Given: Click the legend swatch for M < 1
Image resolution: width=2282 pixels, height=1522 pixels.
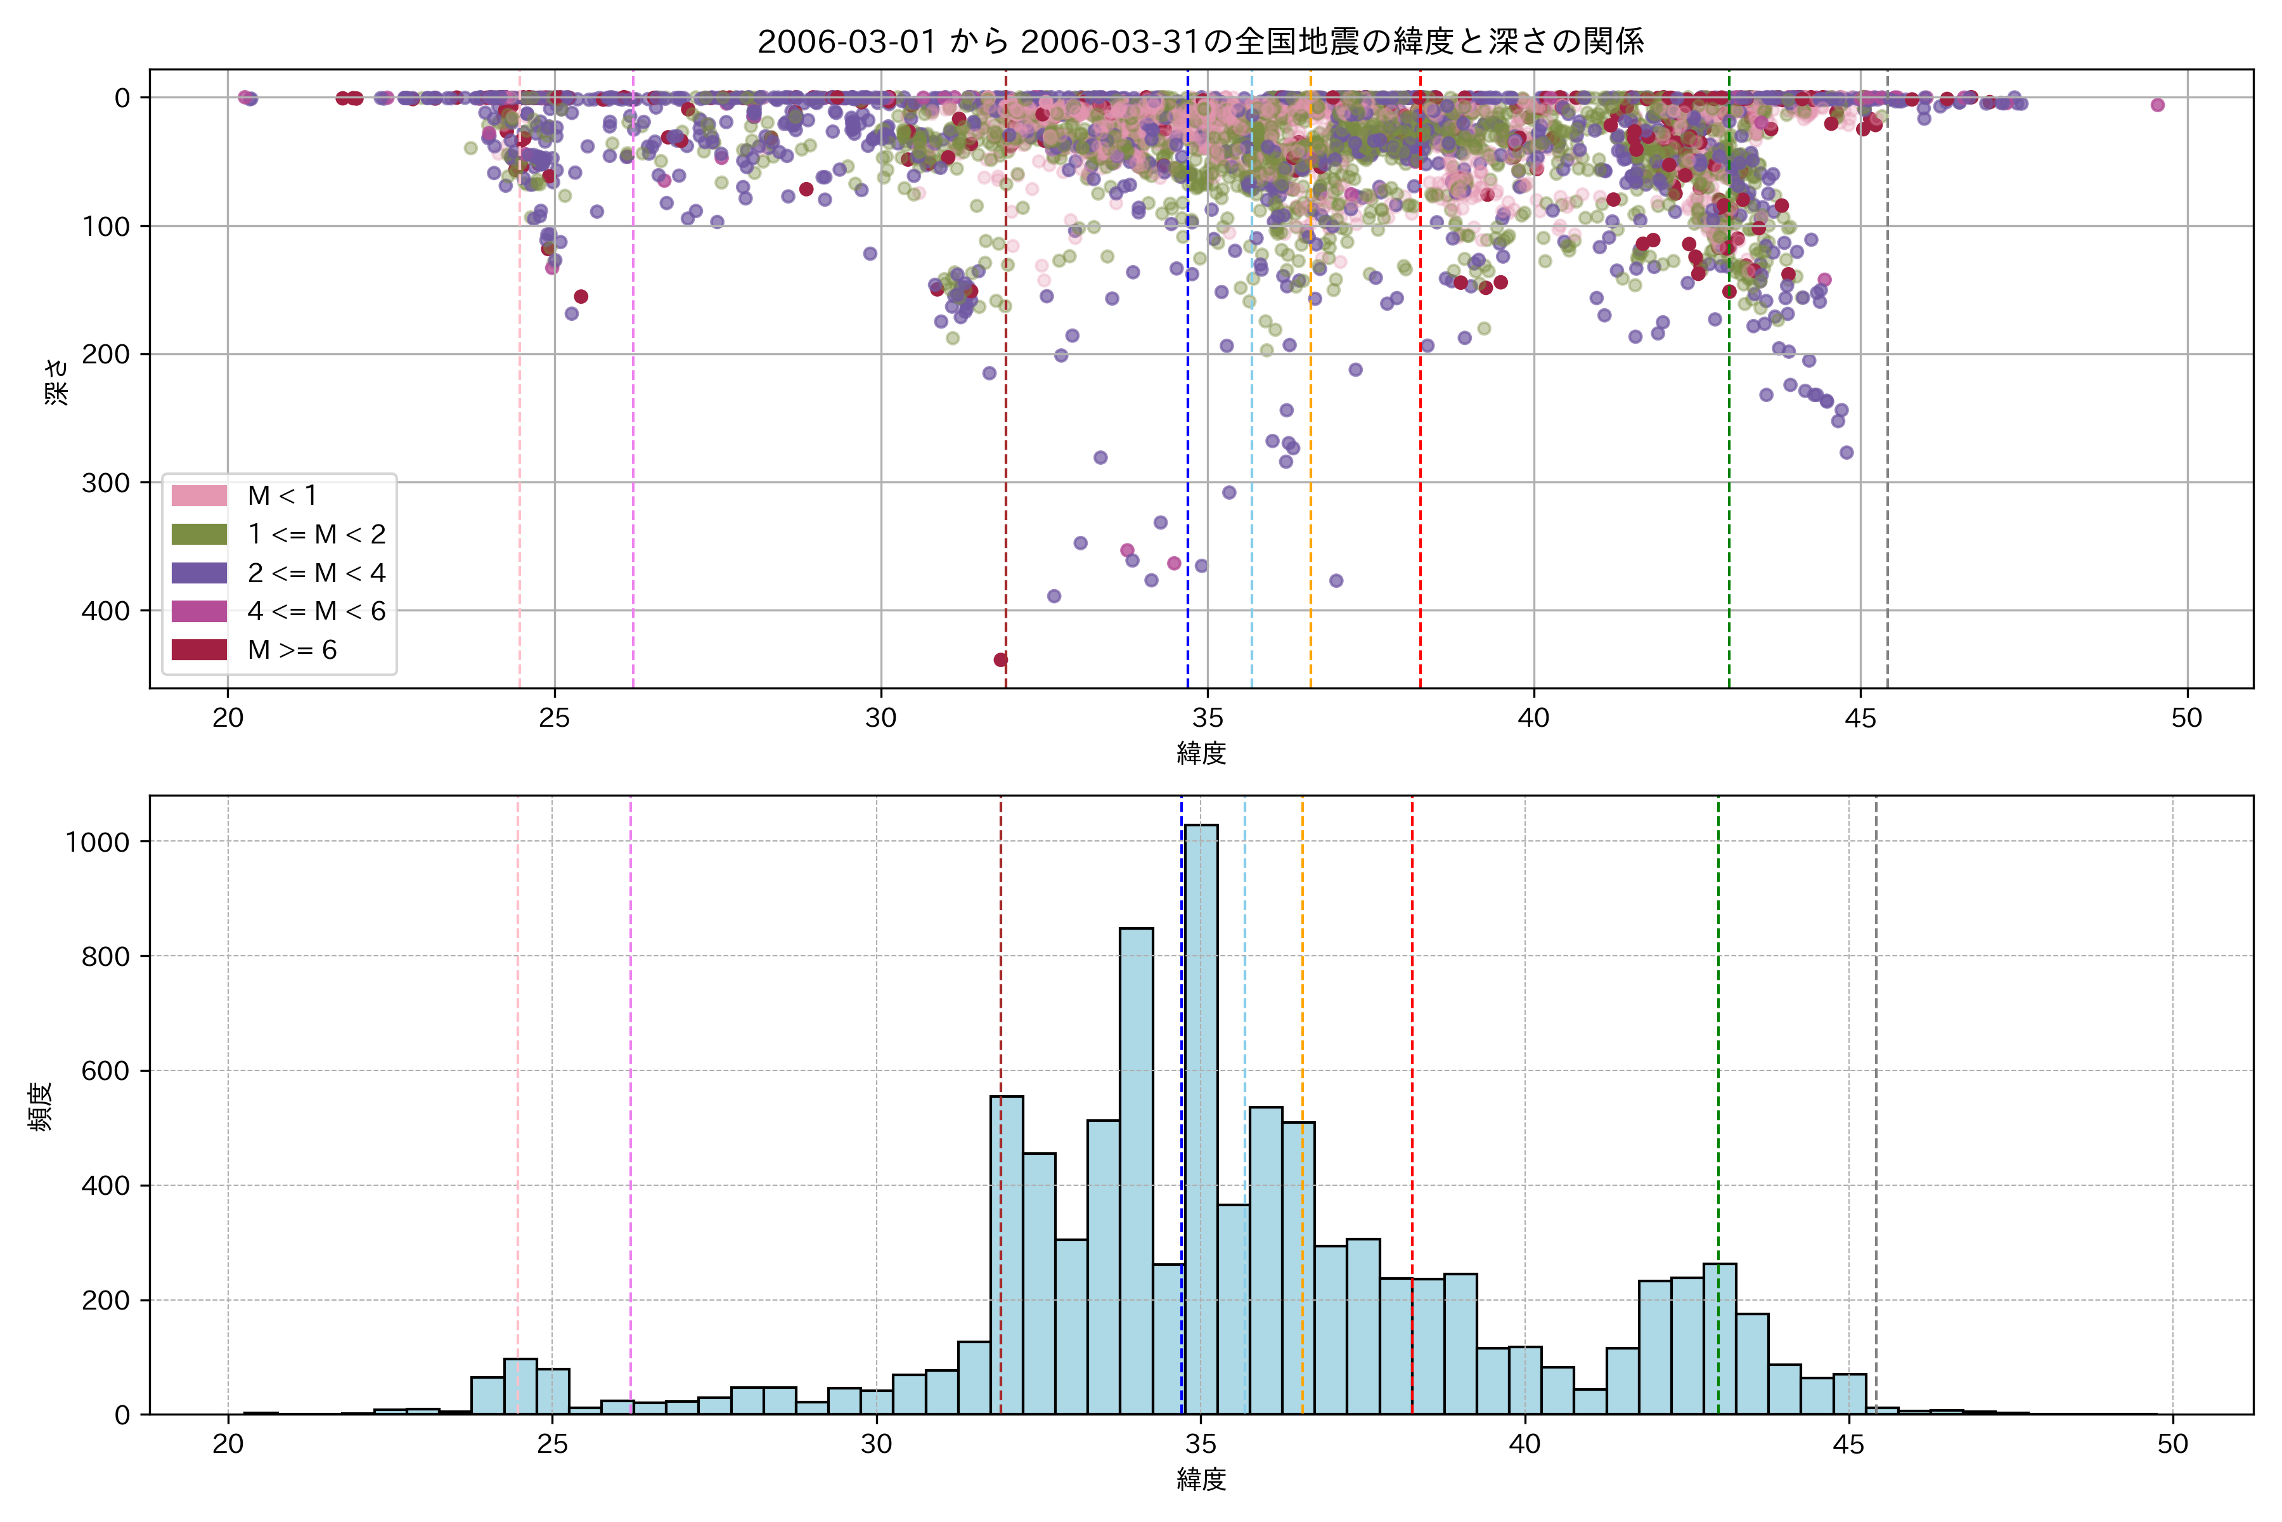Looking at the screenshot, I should click(x=199, y=496).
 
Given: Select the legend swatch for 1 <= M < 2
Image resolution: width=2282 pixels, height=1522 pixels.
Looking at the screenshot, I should click(x=199, y=535).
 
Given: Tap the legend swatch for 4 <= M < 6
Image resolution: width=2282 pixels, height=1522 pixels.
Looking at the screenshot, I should click(x=199, y=611).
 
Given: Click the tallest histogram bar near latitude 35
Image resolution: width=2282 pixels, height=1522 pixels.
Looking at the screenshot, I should click(x=1201, y=1116).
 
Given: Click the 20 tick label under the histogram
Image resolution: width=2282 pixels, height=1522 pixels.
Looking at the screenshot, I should click(x=228, y=1445).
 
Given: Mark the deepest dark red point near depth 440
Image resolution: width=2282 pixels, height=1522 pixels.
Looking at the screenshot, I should click(x=1000, y=660).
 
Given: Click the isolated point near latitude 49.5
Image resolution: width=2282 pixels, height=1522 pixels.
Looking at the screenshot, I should click(x=2157, y=105).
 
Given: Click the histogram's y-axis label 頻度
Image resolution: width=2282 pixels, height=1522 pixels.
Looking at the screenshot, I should click(x=41, y=1107).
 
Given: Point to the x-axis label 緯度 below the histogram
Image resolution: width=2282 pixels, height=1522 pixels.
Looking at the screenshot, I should click(x=1201, y=1480).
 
